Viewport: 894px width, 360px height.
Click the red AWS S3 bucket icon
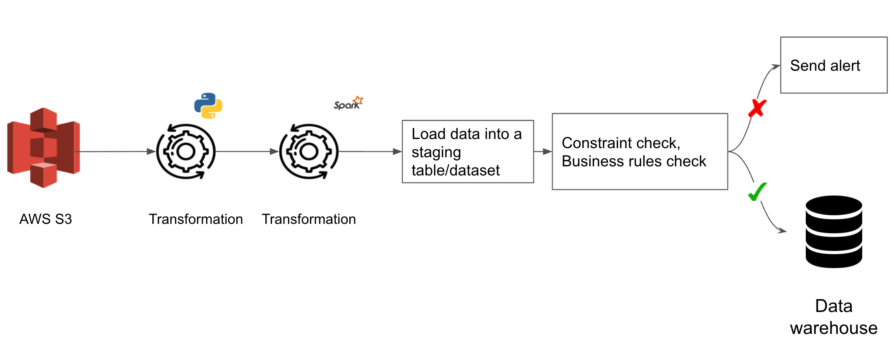click(x=43, y=148)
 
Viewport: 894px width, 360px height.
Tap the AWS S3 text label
click(x=46, y=219)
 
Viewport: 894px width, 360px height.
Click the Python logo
click(x=208, y=106)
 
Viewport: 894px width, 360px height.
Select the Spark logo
click(x=348, y=103)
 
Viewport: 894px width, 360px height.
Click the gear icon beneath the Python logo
click(x=186, y=151)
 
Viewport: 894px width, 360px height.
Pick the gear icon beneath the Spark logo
click(x=309, y=151)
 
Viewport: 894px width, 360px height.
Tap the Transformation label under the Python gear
click(x=196, y=219)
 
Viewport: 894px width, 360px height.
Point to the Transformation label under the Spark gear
click(x=309, y=219)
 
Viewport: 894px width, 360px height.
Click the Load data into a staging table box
click(x=468, y=151)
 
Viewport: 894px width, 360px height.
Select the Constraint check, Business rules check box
click(x=640, y=151)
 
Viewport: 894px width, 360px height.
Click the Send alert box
click(x=834, y=65)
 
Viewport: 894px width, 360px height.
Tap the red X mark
click(x=757, y=108)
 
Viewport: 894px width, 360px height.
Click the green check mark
click(x=757, y=192)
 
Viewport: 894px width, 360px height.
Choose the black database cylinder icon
click(x=834, y=232)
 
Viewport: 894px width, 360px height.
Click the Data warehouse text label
click(x=834, y=317)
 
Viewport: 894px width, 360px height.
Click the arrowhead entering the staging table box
click(x=397, y=151)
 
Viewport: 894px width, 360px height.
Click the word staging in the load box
click(x=436, y=152)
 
